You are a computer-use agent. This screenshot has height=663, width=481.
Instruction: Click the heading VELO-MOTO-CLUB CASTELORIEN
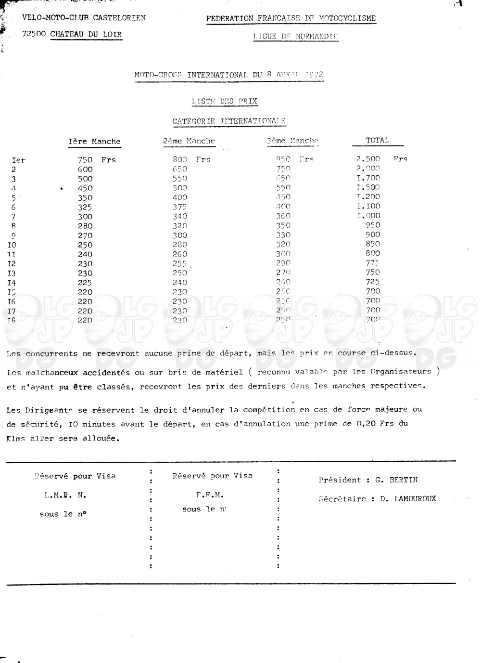point(84,18)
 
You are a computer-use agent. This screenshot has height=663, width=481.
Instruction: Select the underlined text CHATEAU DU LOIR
point(86,34)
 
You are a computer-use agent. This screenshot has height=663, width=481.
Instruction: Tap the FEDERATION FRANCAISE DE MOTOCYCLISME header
point(291,18)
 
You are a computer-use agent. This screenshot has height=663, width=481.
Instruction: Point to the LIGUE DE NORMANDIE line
point(295,36)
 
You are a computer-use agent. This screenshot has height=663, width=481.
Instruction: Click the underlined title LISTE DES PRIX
point(224,101)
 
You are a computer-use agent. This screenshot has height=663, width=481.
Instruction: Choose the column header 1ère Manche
point(94,142)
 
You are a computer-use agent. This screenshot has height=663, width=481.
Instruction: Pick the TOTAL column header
point(377,141)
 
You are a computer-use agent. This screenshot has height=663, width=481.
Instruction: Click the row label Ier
point(18,160)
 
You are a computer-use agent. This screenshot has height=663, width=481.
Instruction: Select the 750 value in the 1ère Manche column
point(85,160)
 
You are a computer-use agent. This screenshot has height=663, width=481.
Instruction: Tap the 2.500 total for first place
point(368,159)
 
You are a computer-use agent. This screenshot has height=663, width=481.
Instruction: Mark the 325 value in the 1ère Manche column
point(85,207)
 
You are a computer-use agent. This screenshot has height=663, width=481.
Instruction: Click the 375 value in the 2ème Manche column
point(180,207)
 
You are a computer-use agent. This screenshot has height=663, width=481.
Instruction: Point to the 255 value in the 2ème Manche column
point(180,263)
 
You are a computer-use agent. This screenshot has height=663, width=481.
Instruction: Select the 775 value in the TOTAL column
point(372,263)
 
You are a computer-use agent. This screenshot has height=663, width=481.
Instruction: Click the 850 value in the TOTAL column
point(373,244)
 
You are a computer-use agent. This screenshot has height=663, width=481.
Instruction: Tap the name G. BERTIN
point(396,480)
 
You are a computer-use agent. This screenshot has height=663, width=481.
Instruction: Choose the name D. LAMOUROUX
point(408,499)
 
